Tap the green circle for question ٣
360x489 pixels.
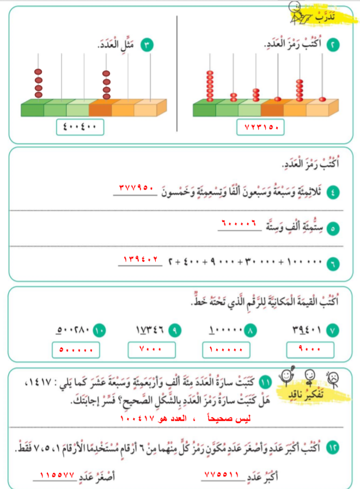click(x=145, y=45)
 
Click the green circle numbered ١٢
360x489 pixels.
click(x=332, y=448)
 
